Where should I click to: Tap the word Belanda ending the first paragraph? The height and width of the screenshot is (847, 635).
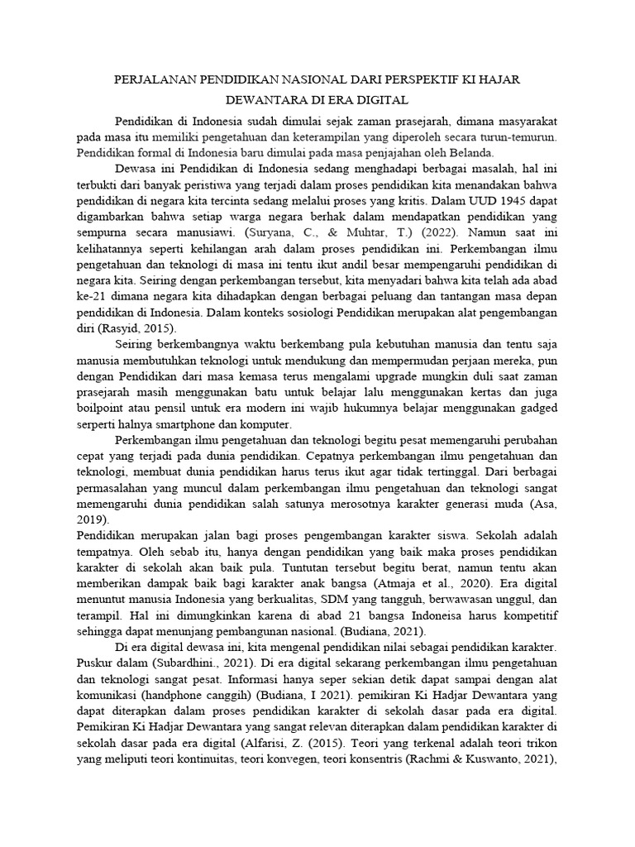tap(470, 153)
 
